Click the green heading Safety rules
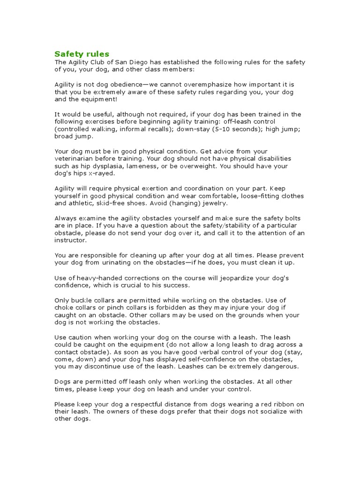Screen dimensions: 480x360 (82, 54)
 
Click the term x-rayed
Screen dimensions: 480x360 (101, 173)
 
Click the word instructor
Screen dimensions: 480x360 (71, 240)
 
